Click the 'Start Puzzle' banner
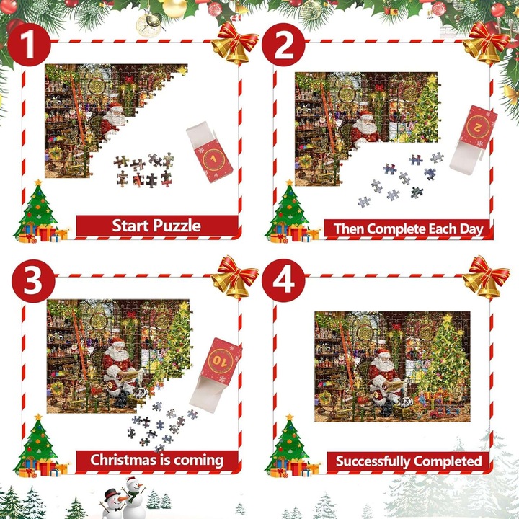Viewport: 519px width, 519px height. (x=156, y=226)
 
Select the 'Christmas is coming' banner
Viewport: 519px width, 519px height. (x=156, y=460)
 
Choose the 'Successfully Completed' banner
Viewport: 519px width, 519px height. (x=408, y=461)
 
